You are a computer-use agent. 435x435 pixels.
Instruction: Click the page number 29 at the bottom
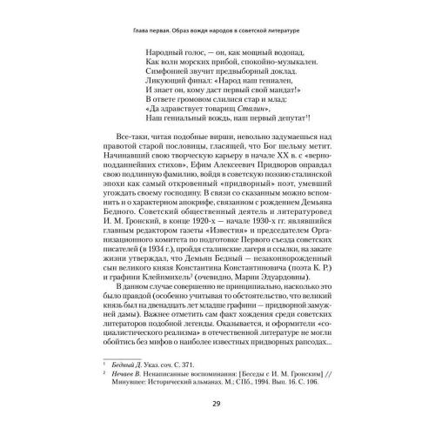coord(217,402)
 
